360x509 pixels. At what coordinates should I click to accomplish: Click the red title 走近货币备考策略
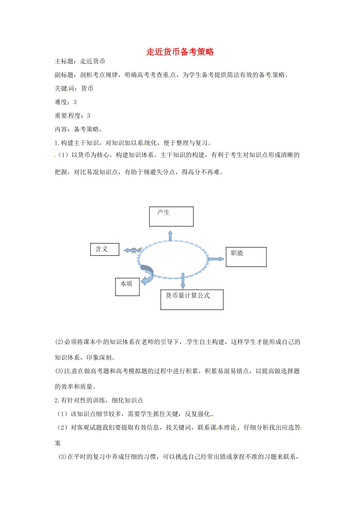click(180, 52)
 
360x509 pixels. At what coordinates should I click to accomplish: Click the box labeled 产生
click(171, 217)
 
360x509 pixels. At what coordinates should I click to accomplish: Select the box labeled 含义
click(105, 249)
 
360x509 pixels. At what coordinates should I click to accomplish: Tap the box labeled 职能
click(246, 257)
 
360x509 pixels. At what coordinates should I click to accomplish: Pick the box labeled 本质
click(127, 287)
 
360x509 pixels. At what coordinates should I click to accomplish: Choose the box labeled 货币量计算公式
click(192, 300)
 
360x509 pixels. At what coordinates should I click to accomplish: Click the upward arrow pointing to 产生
click(170, 236)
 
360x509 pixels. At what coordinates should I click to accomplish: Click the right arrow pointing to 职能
click(216, 259)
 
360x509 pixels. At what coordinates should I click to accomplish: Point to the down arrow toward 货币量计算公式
click(183, 281)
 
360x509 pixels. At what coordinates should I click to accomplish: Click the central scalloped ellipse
click(173, 259)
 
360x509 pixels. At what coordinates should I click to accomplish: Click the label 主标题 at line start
click(64, 61)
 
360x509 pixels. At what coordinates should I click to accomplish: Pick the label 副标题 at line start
click(64, 75)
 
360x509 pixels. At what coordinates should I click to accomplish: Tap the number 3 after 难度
click(75, 102)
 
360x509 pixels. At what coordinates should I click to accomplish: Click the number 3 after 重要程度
click(89, 116)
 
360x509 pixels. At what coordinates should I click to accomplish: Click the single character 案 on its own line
click(58, 443)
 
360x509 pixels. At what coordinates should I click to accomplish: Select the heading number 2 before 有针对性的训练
click(56, 400)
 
